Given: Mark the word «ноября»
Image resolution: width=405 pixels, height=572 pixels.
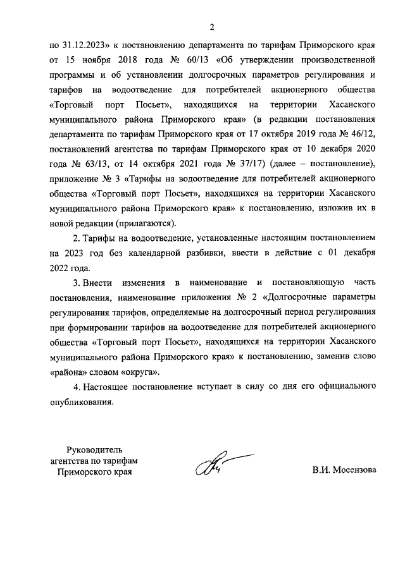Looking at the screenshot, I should click(89, 62).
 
